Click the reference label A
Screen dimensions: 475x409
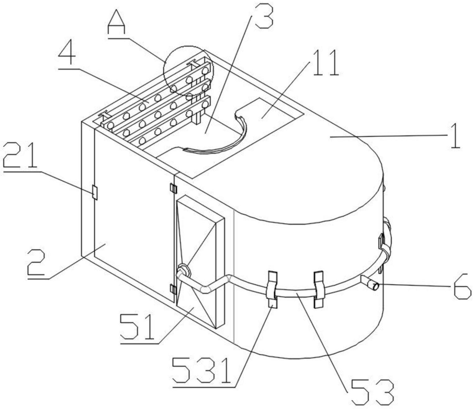pos(116,24)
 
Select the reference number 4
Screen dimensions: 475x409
pos(67,55)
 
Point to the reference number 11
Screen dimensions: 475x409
pos(325,63)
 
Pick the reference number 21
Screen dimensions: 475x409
pos(20,156)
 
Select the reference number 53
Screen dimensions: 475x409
pos(372,392)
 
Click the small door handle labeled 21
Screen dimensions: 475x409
pos(95,192)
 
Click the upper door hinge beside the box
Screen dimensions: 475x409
pos(173,188)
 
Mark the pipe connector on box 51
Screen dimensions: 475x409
pos(183,271)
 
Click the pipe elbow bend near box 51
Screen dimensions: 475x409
pos(206,289)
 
